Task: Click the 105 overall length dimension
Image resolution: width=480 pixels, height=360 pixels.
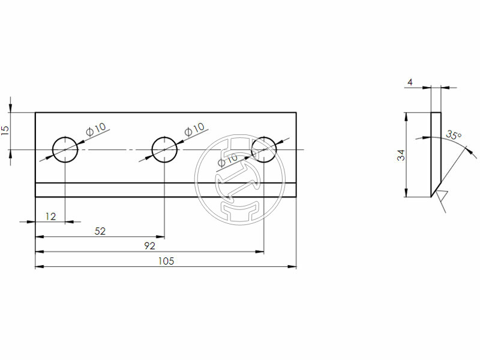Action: [x=166, y=261]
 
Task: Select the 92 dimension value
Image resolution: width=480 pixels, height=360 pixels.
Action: [x=149, y=246]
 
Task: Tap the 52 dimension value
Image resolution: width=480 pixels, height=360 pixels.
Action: [x=101, y=231]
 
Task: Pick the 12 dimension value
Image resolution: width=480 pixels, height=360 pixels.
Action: [x=51, y=216]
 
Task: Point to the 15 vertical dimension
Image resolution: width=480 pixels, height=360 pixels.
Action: [x=5, y=130]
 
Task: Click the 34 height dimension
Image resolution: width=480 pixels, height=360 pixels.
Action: [x=400, y=154]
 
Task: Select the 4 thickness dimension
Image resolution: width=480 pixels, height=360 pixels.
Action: [x=410, y=82]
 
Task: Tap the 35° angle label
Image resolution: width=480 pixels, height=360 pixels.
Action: [x=454, y=136]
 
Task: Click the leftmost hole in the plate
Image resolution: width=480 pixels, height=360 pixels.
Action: [x=65, y=149]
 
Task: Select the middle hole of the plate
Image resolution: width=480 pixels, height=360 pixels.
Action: [x=164, y=149]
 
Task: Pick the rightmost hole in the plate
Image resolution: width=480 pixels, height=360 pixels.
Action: [x=264, y=149]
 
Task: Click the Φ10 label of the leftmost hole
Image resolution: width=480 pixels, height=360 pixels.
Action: [x=96, y=128]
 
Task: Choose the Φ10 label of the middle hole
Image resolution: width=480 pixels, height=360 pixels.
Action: [x=195, y=128]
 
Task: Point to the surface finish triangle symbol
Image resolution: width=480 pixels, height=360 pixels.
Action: [x=442, y=197]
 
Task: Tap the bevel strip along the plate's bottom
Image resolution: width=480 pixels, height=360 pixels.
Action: [x=166, y=190]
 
